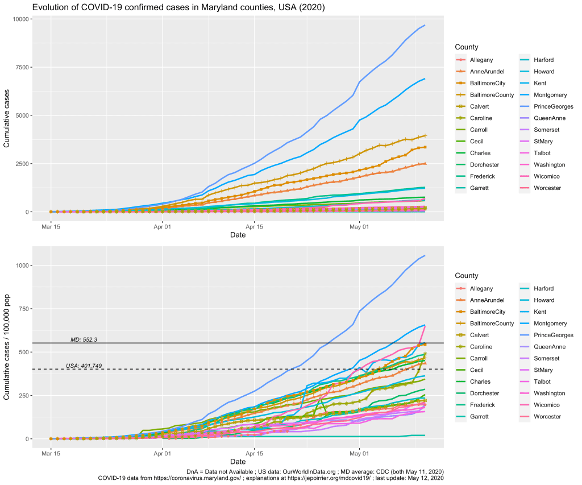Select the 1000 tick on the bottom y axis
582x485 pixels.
pyautogui.click(x=23, y=266)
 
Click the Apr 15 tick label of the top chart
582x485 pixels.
pyautogui.click(x=254, y=226)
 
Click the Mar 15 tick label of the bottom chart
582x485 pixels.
pyautogui.click(x=51, y=453)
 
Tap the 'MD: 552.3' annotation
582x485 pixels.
pyautogui.click(x=84, y=339)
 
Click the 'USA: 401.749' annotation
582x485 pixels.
pyautogui.click(x=84, y=366)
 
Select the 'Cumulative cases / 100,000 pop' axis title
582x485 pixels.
pyautogui.click(x=7, y=347)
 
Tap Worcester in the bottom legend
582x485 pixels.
pyautogui.click(x=547, y=417)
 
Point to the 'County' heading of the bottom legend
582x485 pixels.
pyautogui.click(x=466, y=276)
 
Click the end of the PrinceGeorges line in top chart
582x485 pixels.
pyautogui.click(x=425, y=25)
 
